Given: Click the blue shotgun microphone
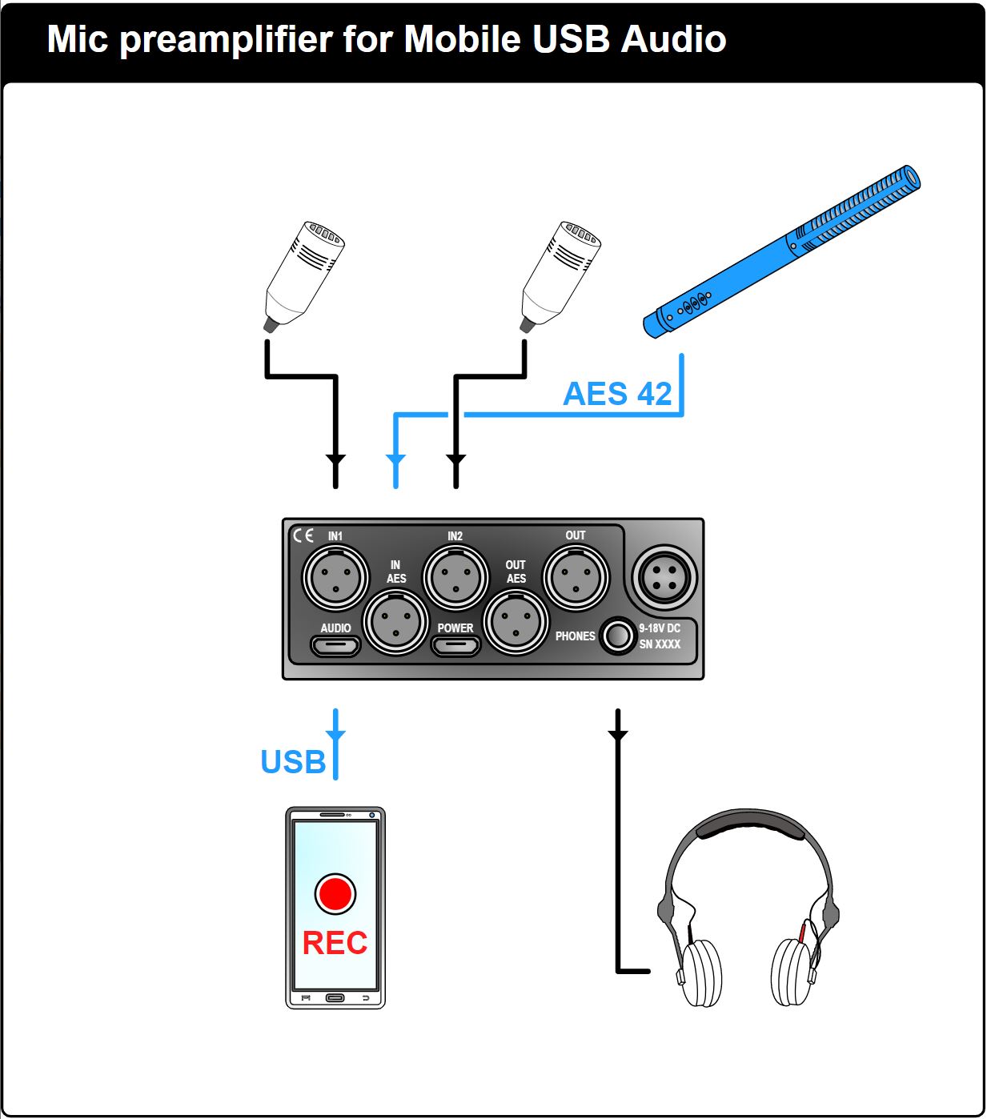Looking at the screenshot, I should pyautogui.click(x=781, y=251).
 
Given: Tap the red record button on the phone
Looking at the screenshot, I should pyautogui.click(x=335, y=893).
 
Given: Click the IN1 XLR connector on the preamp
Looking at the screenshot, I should pyautogui.click(x=335, y=577).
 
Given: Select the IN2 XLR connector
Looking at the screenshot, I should pyautogui.click(x=455, y=577).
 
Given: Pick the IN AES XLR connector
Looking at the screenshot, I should pyautogui.click(x=395, y=622).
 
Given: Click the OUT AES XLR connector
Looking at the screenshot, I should pyautogui.click(x=516, y=622).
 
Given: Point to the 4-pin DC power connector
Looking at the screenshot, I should pyautogui.click(x=664, y=577).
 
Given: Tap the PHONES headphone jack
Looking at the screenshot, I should pyautogui.click(x=618, y=636).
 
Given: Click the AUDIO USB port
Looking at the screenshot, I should pyautogui.click(x=335, y=645).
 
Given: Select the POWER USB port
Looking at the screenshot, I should pyautogui.click(x=455, y=645).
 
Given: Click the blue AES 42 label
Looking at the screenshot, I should pyautogui.click(x=617, y=394).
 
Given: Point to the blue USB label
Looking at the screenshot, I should pyautogui.click(x=293, y=762).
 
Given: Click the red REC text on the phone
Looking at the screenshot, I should pyautogui.click(x=335, y=943).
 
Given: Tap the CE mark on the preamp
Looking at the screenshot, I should pyautogui.click(x=303, y=535).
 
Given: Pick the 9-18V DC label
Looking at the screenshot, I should pyautogui.click(x=660, y=628).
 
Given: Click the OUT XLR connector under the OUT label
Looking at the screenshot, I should pyautogui.click(x=576, y=577).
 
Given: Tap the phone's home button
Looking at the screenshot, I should pyautogui.click(x=335, y=997).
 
